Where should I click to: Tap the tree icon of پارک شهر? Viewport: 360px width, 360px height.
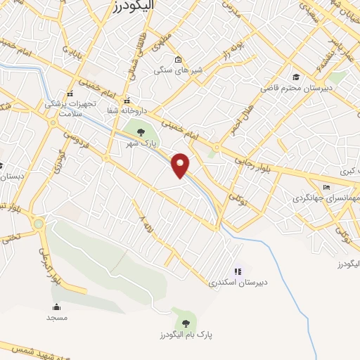coord(141,131)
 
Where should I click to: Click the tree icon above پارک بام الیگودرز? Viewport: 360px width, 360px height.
coord(186,322)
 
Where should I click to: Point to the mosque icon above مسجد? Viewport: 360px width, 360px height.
coord(56,307)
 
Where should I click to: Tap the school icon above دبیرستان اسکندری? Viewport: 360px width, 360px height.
coord(238,271)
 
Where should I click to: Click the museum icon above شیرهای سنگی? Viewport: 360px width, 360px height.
coord(178,59)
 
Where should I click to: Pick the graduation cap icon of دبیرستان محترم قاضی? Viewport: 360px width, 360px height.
coord(296,77)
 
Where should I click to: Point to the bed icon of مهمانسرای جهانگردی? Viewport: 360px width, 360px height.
coord(325,187)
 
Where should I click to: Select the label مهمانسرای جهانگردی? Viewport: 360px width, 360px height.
coord(324,198)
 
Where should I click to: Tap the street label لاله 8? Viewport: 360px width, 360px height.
coord(146,226)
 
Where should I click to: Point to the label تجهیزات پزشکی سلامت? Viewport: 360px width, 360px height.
coord(68,107)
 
